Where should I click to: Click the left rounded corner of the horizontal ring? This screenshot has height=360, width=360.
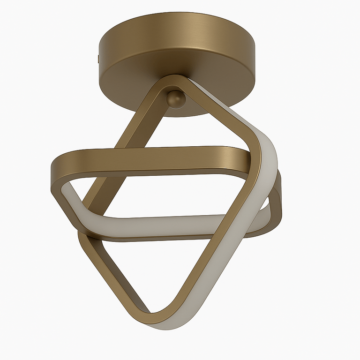click(59, 173)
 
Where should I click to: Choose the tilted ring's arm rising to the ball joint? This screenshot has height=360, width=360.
click(141, 112)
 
